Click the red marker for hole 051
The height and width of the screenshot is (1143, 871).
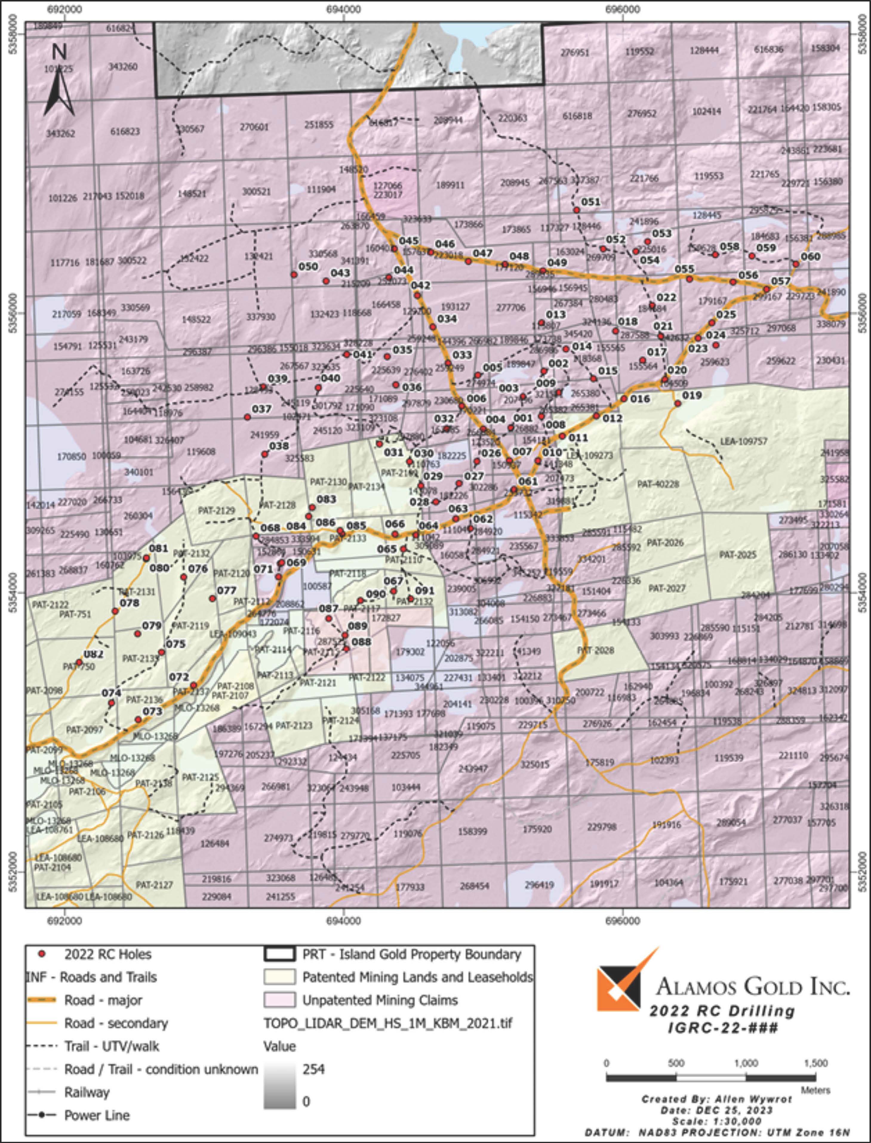[x=576, y=210]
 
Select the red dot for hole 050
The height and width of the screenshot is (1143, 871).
[x=294, y=274]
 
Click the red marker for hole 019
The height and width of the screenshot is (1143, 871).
[x=678, y=403]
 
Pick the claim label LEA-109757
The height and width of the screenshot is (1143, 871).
[x=744, y=441]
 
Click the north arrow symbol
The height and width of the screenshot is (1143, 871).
[x=60, y=83]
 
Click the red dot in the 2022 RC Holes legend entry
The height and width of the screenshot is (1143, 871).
[x=43, y=954]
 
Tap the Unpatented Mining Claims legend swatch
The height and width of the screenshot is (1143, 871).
[x=279, y=1000]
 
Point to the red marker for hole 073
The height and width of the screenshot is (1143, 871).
[x=138, y=719]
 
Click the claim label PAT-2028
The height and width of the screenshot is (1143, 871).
[x=596, y=650]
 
